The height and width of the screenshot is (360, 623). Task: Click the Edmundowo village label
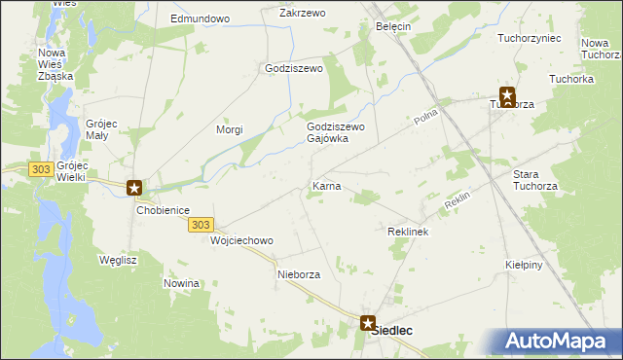coord(199,18)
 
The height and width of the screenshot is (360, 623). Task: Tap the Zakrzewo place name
coord(302,13)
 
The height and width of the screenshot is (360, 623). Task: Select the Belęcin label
coord(393,26)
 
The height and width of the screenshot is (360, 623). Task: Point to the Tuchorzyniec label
coord(529,38)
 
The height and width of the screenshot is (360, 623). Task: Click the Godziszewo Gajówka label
coord(335,132)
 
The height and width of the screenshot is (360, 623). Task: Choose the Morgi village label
coord(229,129)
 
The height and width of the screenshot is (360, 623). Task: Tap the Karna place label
coord(325,185)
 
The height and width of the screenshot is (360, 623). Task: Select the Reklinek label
coord(408,233)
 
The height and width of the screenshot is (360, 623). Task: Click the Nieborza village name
coord(299,274)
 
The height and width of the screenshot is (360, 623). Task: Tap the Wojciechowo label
coord(242,240)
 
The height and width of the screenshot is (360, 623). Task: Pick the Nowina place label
coord(182,283)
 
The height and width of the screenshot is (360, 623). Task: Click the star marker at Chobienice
coord(135,188)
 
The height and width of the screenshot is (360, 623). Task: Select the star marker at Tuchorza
coord(506,96)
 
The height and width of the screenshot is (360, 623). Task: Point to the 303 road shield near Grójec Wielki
coord(40,169)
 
